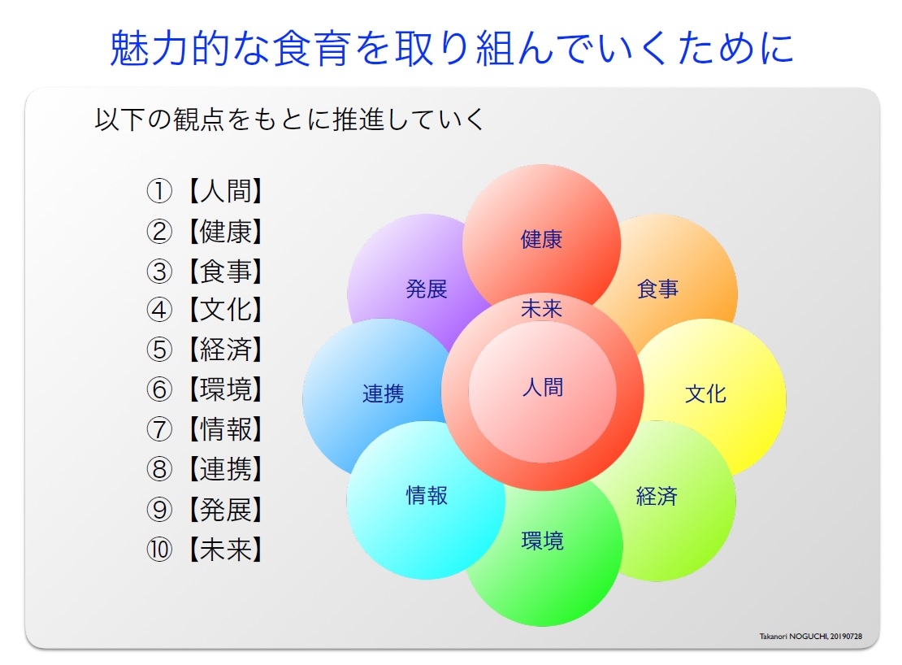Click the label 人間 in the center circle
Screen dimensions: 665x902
(542, 387)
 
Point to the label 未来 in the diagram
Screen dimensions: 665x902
(541, 309)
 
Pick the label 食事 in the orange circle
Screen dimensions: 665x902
(657, 289)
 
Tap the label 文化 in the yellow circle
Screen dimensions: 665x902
(705, 394)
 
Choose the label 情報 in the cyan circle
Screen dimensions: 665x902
(427, 495)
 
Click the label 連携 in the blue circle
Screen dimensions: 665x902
(383, 394)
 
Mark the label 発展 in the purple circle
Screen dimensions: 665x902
(427, 289)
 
